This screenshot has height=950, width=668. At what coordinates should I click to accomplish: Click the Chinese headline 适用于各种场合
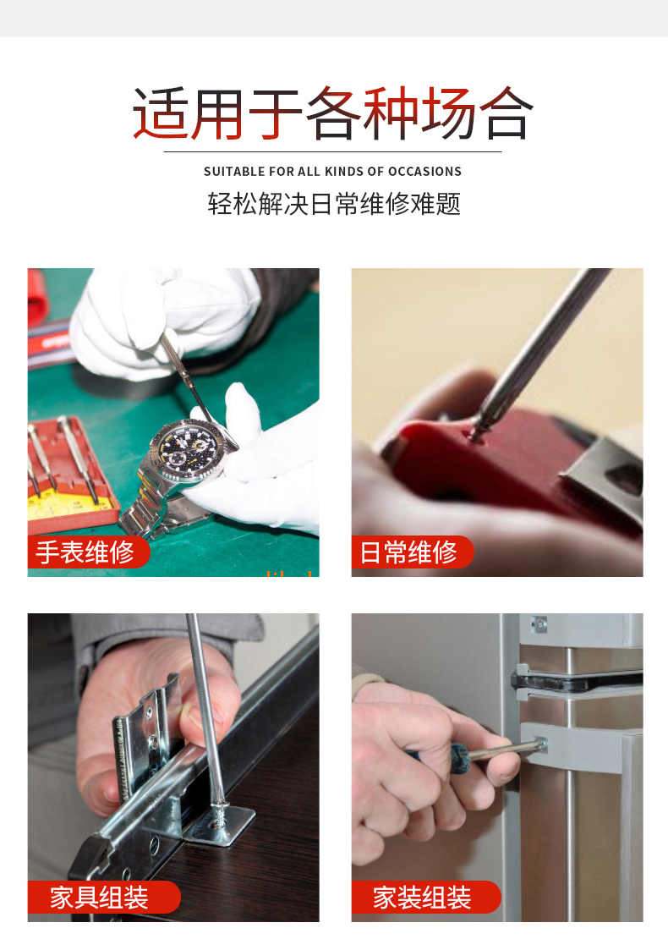333,113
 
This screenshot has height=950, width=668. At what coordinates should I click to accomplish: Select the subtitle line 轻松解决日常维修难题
334,204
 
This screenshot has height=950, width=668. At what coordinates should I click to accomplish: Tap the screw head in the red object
478,432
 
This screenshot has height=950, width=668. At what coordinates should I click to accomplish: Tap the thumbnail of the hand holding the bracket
200,719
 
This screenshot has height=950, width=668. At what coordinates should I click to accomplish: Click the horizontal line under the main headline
332,151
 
